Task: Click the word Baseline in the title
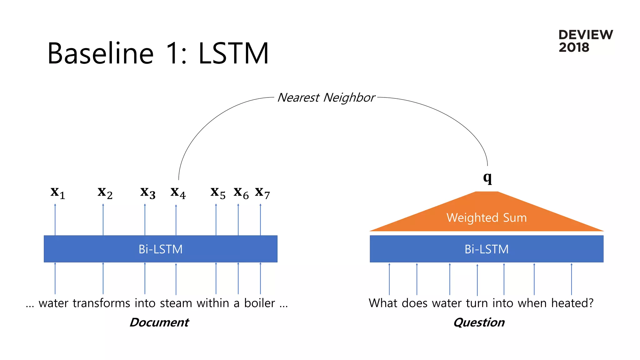(x=100, y=53)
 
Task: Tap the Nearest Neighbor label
(x=326, y=97)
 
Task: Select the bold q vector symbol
(x=487, y=178)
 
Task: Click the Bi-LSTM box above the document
(x=160, y=249)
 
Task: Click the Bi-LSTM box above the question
(x=487, y=249)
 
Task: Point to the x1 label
(x=58, y=193)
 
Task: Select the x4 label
(x=178, y=193)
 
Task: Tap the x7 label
(x=262, y=193)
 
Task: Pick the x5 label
(x=218, y=193)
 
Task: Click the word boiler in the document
(x=259, y=303)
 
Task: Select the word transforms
(x=101, y=303)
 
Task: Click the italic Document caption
(x=159, y=322)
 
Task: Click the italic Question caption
(x=479, y=322)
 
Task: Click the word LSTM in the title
(x=233, y=53)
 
